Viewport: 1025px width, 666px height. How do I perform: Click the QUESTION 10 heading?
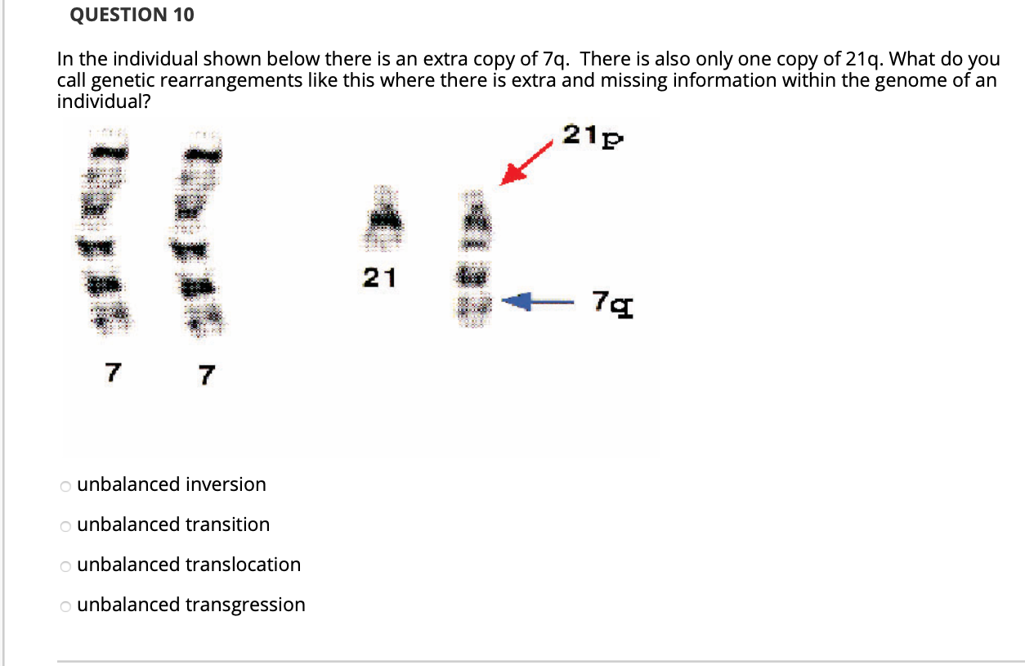coord(132,15)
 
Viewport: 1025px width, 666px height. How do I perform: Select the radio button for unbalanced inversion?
coord(65,486)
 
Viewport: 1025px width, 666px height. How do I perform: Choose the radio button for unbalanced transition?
coord(65,526)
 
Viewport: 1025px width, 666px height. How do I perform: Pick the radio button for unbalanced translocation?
coord(65,566)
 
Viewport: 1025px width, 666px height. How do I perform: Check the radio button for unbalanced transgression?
coord(65,606)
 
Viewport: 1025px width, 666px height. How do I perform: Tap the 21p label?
coord(593,135)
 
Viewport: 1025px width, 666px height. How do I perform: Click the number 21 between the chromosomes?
coord(379,279)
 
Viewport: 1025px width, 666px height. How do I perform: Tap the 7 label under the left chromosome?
coord(111,373)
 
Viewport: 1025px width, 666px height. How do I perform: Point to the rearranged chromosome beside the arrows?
coord(473,258)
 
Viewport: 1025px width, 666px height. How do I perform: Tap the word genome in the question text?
coord(907,80)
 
